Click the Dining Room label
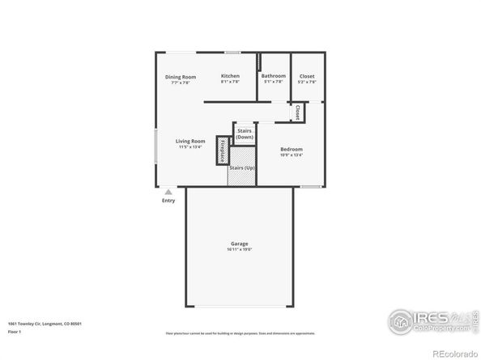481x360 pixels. click(181, 77)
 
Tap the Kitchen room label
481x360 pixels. click(230, 76)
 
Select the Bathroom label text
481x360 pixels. click(273, 76)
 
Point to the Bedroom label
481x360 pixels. click(292, 149)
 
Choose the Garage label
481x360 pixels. click(239, 244)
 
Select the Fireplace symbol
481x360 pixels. click(223, 150)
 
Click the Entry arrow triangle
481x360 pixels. click(168, 193)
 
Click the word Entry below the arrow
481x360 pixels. click(168, 201)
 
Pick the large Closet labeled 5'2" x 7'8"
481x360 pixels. click(307, 78)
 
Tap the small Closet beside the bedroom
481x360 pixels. click(297, 112)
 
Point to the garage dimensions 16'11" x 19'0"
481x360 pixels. click(240, 249)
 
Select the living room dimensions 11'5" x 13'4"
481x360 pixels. click(190, 147)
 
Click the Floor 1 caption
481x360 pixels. click(15, 332)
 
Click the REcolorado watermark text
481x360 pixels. click(453, 353)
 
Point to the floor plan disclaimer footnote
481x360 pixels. click(240, 332)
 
